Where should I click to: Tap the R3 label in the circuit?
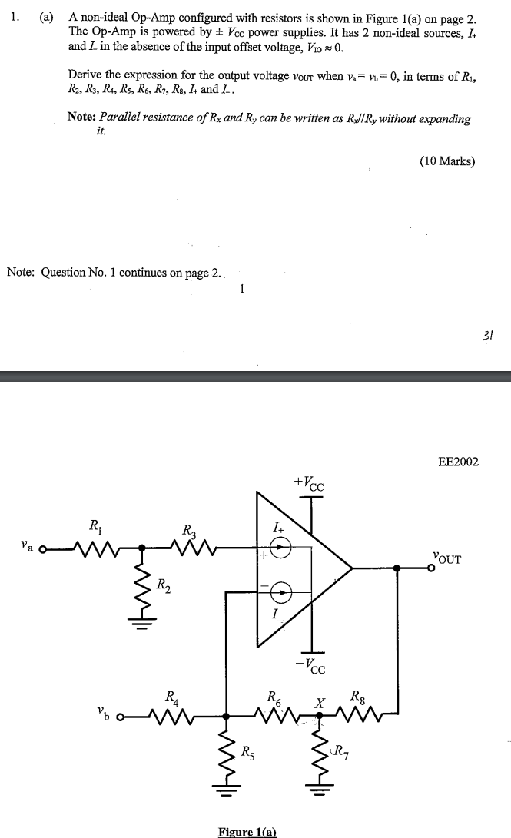pos(189,530)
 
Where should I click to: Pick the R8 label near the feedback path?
pos(359,698)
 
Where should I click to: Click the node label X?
pos(316,703)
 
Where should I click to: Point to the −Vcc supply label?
pos(311,664)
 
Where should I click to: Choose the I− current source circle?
pos(283,591)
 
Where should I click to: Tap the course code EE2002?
pos(458,462)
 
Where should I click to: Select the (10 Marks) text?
pos(447,161)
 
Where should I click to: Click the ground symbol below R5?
pos(224,789)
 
